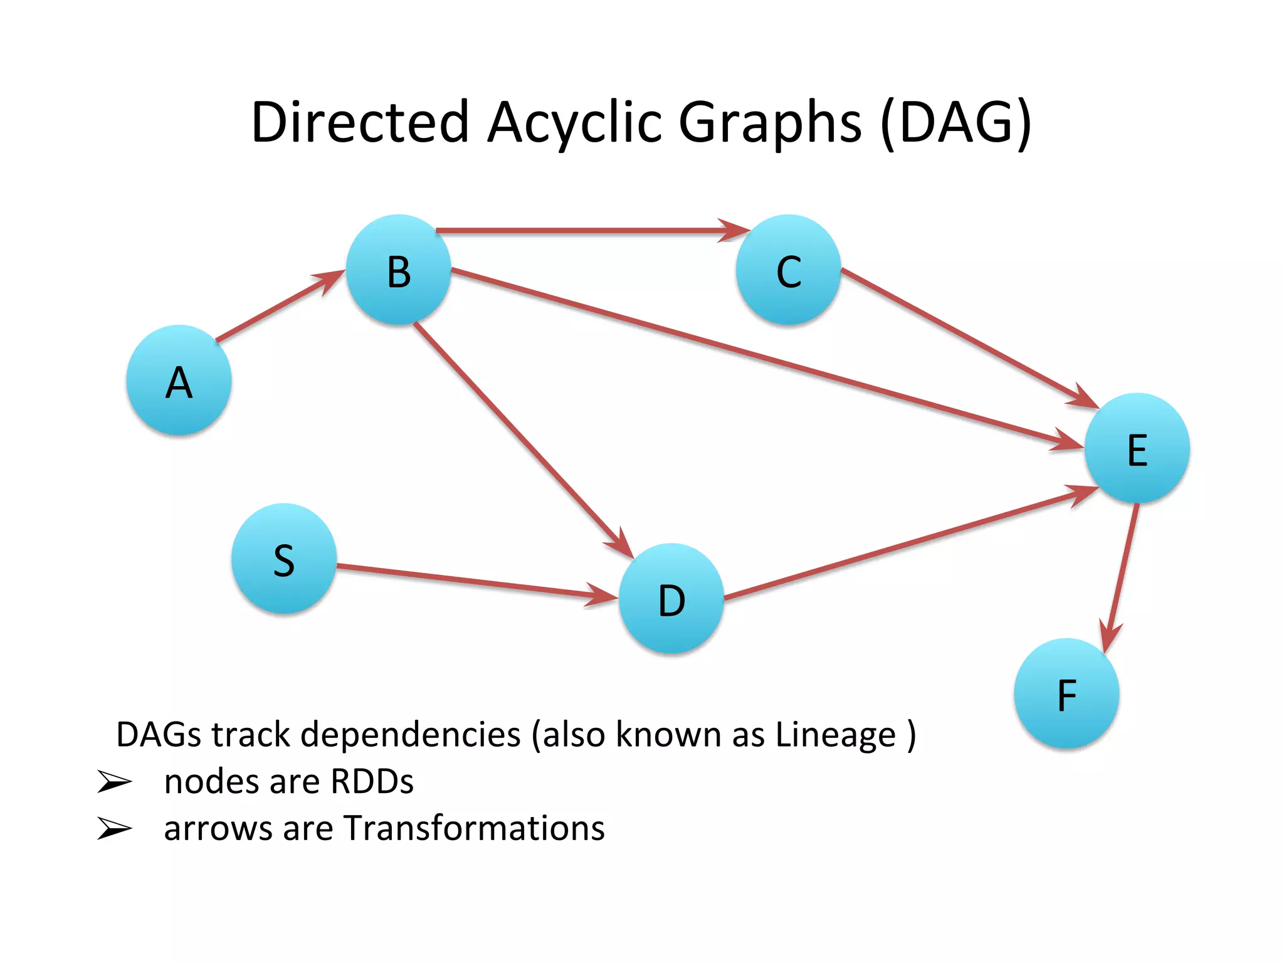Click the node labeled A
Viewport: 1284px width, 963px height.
179,380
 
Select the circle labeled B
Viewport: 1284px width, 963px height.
399,270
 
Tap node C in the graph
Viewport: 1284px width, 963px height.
789,270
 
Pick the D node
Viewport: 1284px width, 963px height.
671,598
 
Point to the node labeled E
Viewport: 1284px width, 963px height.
1137,448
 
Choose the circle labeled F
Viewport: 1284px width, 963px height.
1067,693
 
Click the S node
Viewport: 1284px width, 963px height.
284,558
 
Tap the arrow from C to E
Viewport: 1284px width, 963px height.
966,337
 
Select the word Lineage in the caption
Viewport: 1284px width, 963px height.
836,735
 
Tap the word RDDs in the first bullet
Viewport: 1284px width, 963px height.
372,782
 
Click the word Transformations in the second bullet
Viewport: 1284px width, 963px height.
475,828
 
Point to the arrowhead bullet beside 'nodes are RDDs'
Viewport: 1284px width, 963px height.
114,782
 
